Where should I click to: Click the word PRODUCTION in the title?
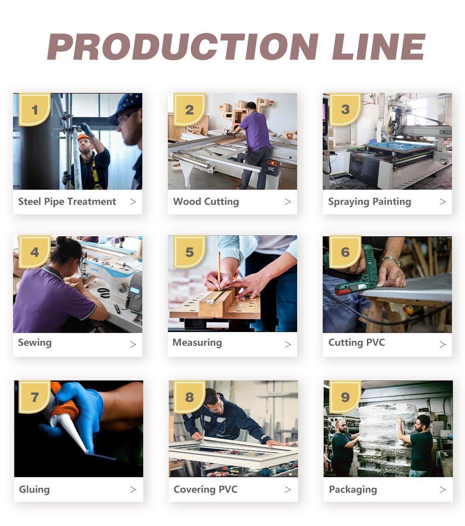pyautogui.click(x=183, y=47)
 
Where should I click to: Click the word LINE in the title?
pyautogui.click(x=379, y=47)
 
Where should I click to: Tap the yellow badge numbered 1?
pyautogui.click(x=34, y=109)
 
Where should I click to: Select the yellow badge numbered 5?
pyautogui.click(x=190, y=252)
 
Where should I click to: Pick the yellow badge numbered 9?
pyautogui.click(x=345, y=397)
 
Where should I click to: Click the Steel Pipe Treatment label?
pyautogui.click(x=67, y=202)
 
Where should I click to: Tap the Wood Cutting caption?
pyautogui.click(x=206, y=202)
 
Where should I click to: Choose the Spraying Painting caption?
pyautogui.click(x=369, y=202)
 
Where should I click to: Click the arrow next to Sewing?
pyautogui.click(x=133, y=344)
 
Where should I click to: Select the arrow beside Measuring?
pyautogui.click(x=287, y=344)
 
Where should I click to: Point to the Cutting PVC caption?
pyautogui.click(x=357, y=342)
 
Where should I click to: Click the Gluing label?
pyautogui.click(x=34, y=489)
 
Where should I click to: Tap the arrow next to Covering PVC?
pyautogui.click(x=287, y=490)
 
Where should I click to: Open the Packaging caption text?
pyautogui.click(x=353, y=489)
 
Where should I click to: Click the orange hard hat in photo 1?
pyautogui.click(x=84, y=137)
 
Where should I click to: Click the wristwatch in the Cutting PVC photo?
pyautogui.click(x=392, y=260)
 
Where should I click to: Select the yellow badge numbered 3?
pyautogui.click(x=345, y=109)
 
